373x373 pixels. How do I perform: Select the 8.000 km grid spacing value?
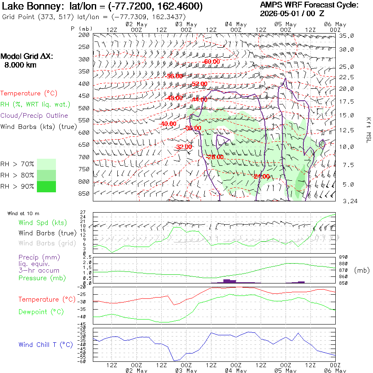pyautogui.click(x=20, y=65)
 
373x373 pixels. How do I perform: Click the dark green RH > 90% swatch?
pyautogui.click(x=46, y=186)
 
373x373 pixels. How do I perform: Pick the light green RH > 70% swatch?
pyautogui.click(x=46, y=164)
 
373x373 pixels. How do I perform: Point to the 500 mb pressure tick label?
pyautogui.click(x=84, y=108)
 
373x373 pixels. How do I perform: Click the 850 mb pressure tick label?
pyautogui.click(x=84, y=194)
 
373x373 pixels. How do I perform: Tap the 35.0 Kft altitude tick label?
pyautogui.click(x=346, y=36)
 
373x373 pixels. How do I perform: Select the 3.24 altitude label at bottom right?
pyautogui.click(x=350, y=201)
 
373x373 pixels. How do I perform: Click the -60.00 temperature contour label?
pyautogui.click(x=211, y=62)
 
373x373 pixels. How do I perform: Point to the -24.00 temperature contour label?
pyautogui.click(x=262, y=176)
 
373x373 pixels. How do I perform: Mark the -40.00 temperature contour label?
pyautogui.click(x=168, y=124)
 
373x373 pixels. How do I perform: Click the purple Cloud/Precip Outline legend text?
pyautogui.click(x=34, y=116)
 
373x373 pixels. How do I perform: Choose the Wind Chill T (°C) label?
pyautogui.click(x=46, y=345)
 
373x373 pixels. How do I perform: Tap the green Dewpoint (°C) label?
pyautogui.click(x=41, y=312)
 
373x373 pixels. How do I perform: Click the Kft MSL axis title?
pyautogui.click(x=368, y=130)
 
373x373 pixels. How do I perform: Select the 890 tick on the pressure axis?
pyautogui.click(x=343, y=257)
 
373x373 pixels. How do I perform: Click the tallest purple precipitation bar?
pyautogui.click(x=227, y=281)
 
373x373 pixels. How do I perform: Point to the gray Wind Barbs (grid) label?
pyautogui.click(x=47, y=243)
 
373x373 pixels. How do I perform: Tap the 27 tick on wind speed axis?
pyautogui.click(x=83, y=212)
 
